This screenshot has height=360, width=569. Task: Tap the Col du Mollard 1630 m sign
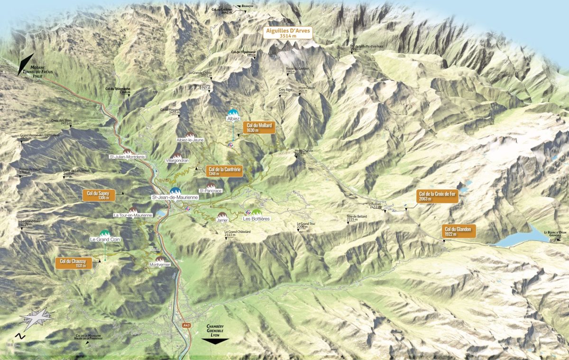coord(258,127)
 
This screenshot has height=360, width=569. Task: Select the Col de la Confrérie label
coord(225,171)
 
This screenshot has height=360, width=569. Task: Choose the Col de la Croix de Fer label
coord(437,196)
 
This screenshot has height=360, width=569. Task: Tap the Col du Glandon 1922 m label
coord(458,231)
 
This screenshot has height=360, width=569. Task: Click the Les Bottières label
coord(256,219)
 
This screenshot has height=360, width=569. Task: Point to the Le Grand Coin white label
coord(105,240)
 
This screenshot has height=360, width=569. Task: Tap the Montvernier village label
coord(160,264)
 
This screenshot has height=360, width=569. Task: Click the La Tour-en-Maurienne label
coord(133,215)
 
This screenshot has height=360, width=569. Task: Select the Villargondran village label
coord(177,161)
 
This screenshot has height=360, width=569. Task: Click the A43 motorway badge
coord(186,325)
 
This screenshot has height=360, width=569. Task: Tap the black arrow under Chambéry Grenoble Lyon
coord(215,340)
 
